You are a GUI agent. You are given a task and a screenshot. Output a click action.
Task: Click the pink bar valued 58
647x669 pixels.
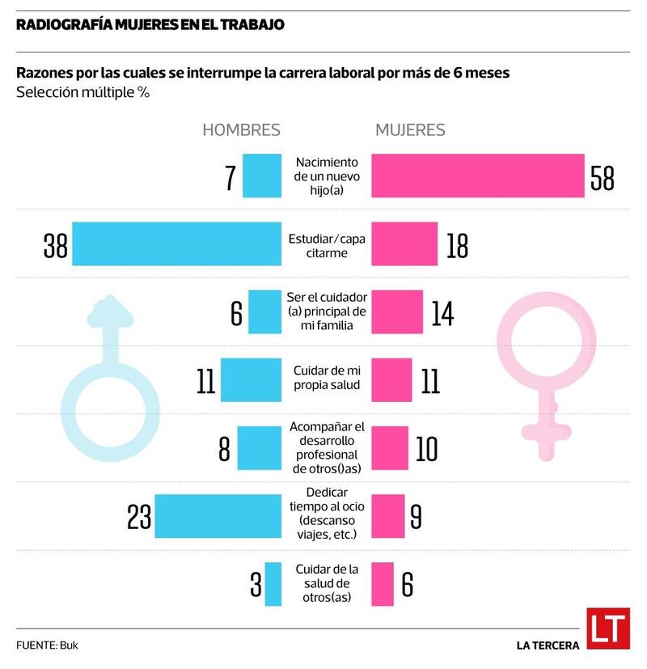(x=477, y=176)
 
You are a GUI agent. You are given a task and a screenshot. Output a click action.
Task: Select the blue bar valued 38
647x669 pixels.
(x=177, y=243)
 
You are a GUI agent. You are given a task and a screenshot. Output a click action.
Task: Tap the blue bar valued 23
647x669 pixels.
(x=218, y=515)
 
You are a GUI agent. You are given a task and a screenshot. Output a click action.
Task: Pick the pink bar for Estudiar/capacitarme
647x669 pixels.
(x=404, y=243)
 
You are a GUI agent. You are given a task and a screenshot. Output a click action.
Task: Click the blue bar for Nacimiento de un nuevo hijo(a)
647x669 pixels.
(x=262, y=176)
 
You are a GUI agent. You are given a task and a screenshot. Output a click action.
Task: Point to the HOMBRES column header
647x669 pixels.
(x=241, y=130)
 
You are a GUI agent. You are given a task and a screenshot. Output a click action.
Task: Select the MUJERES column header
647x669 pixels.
(x=410, y=130)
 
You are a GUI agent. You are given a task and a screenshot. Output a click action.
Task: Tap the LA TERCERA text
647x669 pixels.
(x=548, y=646)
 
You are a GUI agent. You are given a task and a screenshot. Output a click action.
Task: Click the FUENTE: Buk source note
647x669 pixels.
(x=48, y=646)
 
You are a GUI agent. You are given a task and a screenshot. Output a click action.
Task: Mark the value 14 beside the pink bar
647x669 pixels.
(x=442, y=312)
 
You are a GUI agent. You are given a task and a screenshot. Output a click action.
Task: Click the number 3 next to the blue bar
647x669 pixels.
(x=256, y=584)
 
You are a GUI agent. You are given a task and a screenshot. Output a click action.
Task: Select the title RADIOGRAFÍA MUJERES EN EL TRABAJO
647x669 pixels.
(x=150, y=24)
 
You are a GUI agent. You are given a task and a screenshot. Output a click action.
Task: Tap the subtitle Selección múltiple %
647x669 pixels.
(x=82, y=92)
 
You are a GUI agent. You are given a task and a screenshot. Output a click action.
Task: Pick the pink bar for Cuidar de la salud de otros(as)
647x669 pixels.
(x=383, y=584)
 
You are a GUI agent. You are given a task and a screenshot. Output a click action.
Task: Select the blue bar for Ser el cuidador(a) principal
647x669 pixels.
(x=264, y=312)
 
